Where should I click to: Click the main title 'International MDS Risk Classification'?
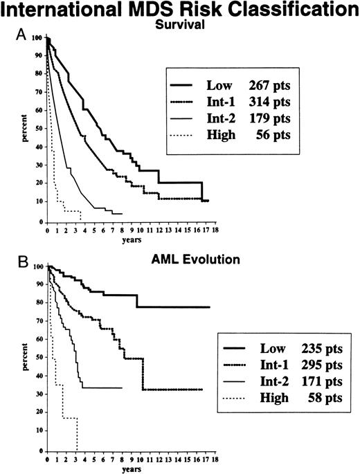tap(180, 10)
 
